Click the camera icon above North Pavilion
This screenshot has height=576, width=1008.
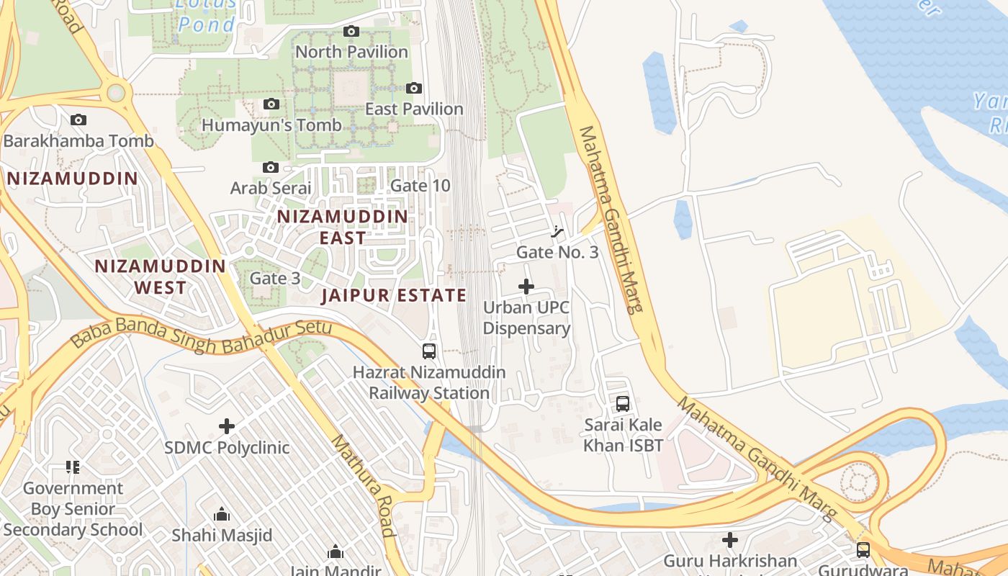coord(351,31)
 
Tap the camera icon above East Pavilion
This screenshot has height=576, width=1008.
coord(414,88)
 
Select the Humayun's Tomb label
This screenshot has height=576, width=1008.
coord(271,125)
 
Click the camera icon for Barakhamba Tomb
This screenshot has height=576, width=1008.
coord(78,120)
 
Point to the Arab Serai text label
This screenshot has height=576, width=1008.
coord(271,188)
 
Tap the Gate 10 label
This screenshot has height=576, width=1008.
coord(420,186)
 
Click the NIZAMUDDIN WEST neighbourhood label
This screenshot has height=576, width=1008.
coord(161,276)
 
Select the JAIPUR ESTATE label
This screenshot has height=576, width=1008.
coord(394,295)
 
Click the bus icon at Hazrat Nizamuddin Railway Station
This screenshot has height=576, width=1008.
coord(429,351)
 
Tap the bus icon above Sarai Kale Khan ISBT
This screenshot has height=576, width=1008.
coord(623,404)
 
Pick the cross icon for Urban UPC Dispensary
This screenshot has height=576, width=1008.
coord(526,287)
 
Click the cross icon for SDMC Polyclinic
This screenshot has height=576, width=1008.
coord(227,426)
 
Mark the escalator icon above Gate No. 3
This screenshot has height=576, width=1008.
coord(557,231)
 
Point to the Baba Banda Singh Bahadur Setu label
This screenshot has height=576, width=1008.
coord(202,336)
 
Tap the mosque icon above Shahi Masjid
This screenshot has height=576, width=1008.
coord(222,514)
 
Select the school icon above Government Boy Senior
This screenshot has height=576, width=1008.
coord(72,467)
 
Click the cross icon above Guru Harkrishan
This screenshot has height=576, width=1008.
coord(730,539)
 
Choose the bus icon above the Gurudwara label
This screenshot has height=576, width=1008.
coord(863,550)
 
